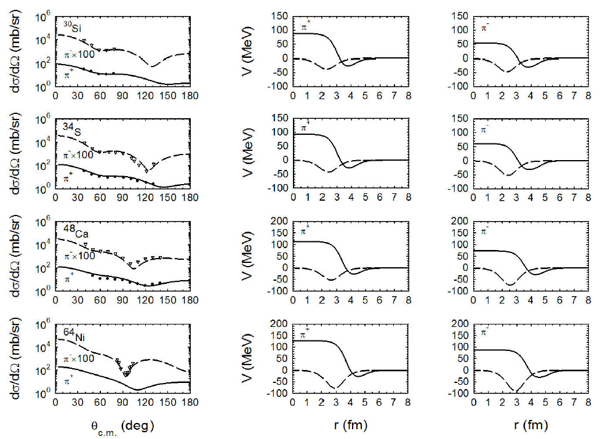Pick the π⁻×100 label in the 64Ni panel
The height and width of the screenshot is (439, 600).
[79, 358]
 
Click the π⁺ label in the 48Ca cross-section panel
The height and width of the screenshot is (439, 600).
[70, 280]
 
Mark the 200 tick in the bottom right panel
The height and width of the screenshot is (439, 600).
[463, 324]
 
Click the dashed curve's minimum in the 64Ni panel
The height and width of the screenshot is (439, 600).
[126, 374]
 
